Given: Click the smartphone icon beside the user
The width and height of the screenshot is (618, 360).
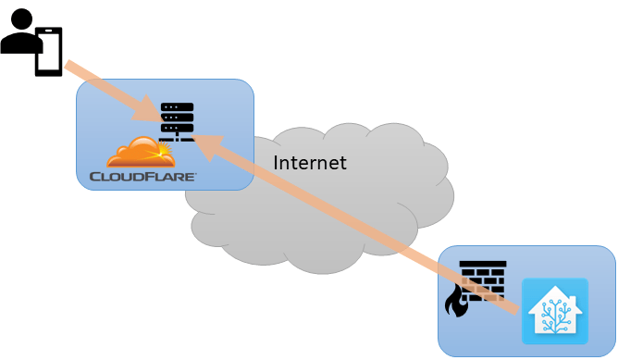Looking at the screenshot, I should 49,52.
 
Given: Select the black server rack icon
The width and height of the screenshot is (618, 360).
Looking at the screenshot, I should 177,121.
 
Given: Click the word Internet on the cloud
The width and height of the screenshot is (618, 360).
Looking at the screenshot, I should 310,163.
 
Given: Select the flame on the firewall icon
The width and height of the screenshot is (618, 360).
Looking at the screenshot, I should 456,301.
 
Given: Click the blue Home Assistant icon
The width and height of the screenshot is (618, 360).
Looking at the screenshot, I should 554,311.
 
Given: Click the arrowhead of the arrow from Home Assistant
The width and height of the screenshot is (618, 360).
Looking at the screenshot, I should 205,143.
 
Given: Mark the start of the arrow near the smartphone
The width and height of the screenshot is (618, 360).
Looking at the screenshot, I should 69,66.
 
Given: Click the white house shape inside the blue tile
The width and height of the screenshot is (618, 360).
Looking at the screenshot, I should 554,312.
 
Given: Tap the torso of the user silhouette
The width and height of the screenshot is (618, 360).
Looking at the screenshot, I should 19,43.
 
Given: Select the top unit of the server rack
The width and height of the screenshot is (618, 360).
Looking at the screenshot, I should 177,107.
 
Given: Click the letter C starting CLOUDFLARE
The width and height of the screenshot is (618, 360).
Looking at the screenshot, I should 94,175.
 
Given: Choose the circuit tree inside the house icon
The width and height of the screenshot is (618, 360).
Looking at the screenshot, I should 554,316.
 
